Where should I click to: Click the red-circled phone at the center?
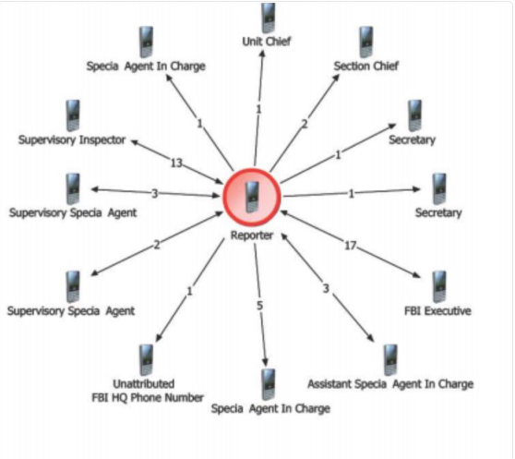[x=252, y=197]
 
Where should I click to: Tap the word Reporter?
[x=252, y=236]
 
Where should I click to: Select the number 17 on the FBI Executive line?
[x=350, y=245]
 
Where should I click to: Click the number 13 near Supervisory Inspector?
[x=176, y=163]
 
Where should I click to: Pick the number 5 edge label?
[x=259, y=306]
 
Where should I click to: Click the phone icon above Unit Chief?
[x=269, y=18]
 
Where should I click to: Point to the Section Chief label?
[x=365, y=66]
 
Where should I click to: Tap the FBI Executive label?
[x=437, y=311]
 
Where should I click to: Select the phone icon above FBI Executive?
[x=439, y=286]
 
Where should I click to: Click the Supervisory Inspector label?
[x=72, y=140]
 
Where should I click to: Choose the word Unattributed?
[x=144, y=384]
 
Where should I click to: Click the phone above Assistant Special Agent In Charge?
[x=390, y=360]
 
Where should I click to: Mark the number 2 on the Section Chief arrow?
[x=305, y=124]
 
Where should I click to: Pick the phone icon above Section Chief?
[x=366, y=42]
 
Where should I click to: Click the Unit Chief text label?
[x=267, y=42]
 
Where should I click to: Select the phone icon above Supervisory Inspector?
[x=73, y=115]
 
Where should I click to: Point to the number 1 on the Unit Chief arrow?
[x=258, y=109]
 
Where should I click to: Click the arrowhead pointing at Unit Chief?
[x=262, y=54]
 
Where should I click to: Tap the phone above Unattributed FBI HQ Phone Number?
[x=146, y=360]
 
